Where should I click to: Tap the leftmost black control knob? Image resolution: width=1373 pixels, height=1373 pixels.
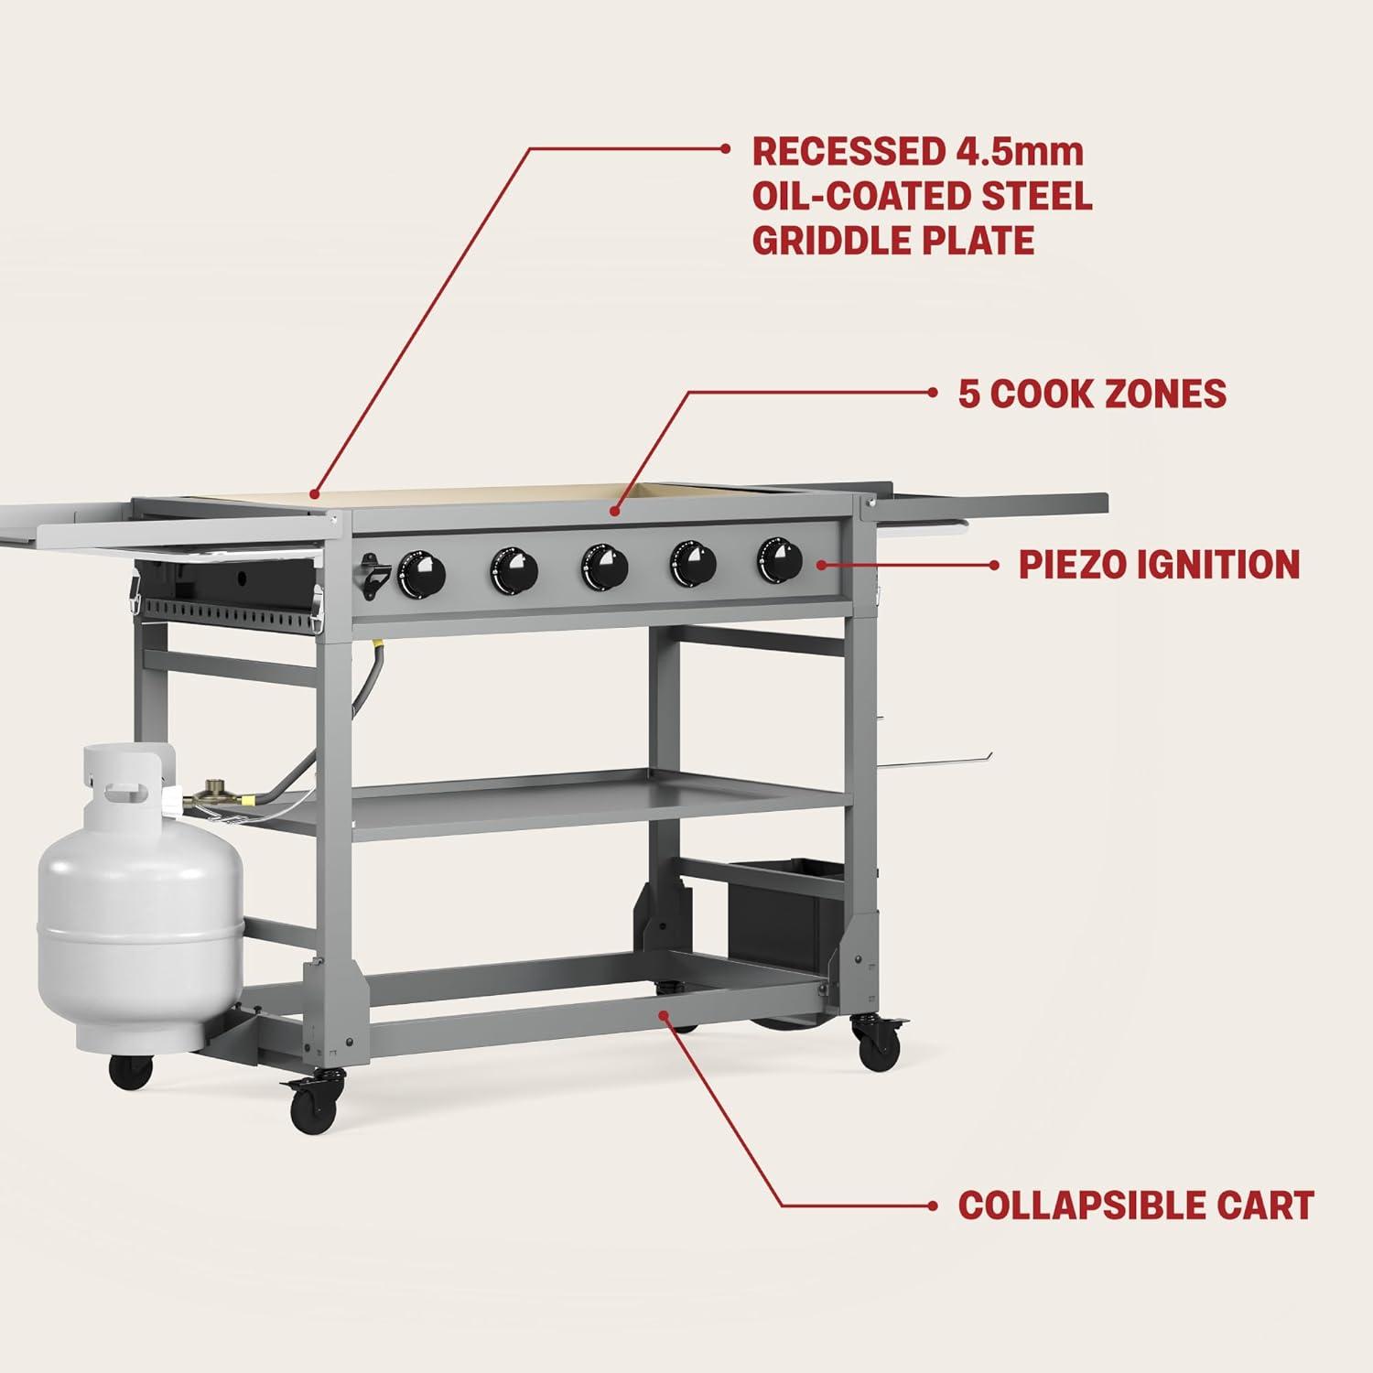pos(422,574)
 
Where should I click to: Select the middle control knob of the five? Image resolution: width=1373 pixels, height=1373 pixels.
pos(603,568)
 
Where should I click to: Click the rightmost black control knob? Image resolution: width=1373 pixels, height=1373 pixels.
pos(779,560)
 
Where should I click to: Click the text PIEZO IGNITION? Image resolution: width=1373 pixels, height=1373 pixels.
pos(1159,565)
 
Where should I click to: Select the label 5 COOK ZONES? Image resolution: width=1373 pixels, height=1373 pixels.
pos(1092,393)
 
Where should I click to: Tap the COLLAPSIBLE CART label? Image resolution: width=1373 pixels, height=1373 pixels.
pos(1136,1205)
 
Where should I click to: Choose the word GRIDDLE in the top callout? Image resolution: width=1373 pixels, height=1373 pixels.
pos(836,240)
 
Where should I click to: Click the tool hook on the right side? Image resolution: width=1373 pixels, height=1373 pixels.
pos(943,756)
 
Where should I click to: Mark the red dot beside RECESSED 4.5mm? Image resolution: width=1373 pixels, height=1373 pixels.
pos(724,148)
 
